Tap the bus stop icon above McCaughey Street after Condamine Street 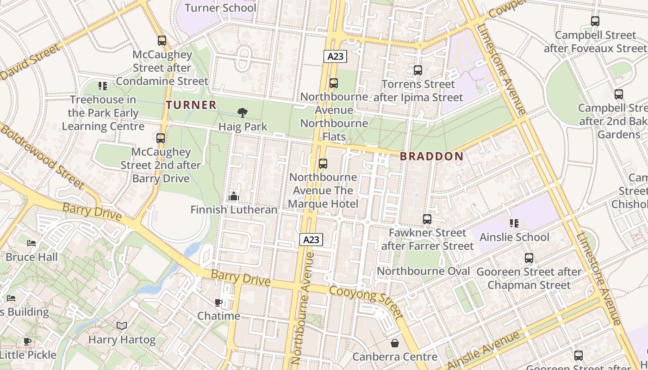coord(162,41)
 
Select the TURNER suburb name coord(192,105)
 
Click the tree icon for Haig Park coord(242,112)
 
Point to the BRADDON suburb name coord(431,156)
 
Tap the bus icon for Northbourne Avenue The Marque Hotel coord(323,164)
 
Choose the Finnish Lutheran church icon coord(234,196)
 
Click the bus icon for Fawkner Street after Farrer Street coord(427,219)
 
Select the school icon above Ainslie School coord(514,223)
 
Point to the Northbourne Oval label coord(423,271)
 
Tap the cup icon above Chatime coord(218,303)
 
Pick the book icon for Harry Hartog coord(122,326)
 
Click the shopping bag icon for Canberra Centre coord(395,343)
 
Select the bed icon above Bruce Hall coord(31,243)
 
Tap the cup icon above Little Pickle coord(27,341)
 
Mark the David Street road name coord(31,62)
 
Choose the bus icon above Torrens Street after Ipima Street coord(418,70)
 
